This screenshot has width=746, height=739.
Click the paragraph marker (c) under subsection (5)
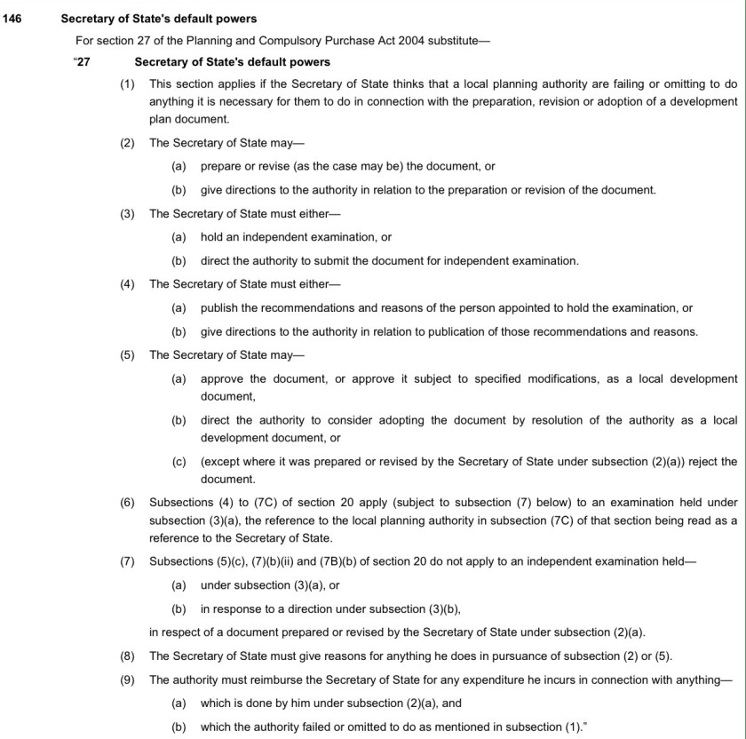[x=179, y=461]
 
